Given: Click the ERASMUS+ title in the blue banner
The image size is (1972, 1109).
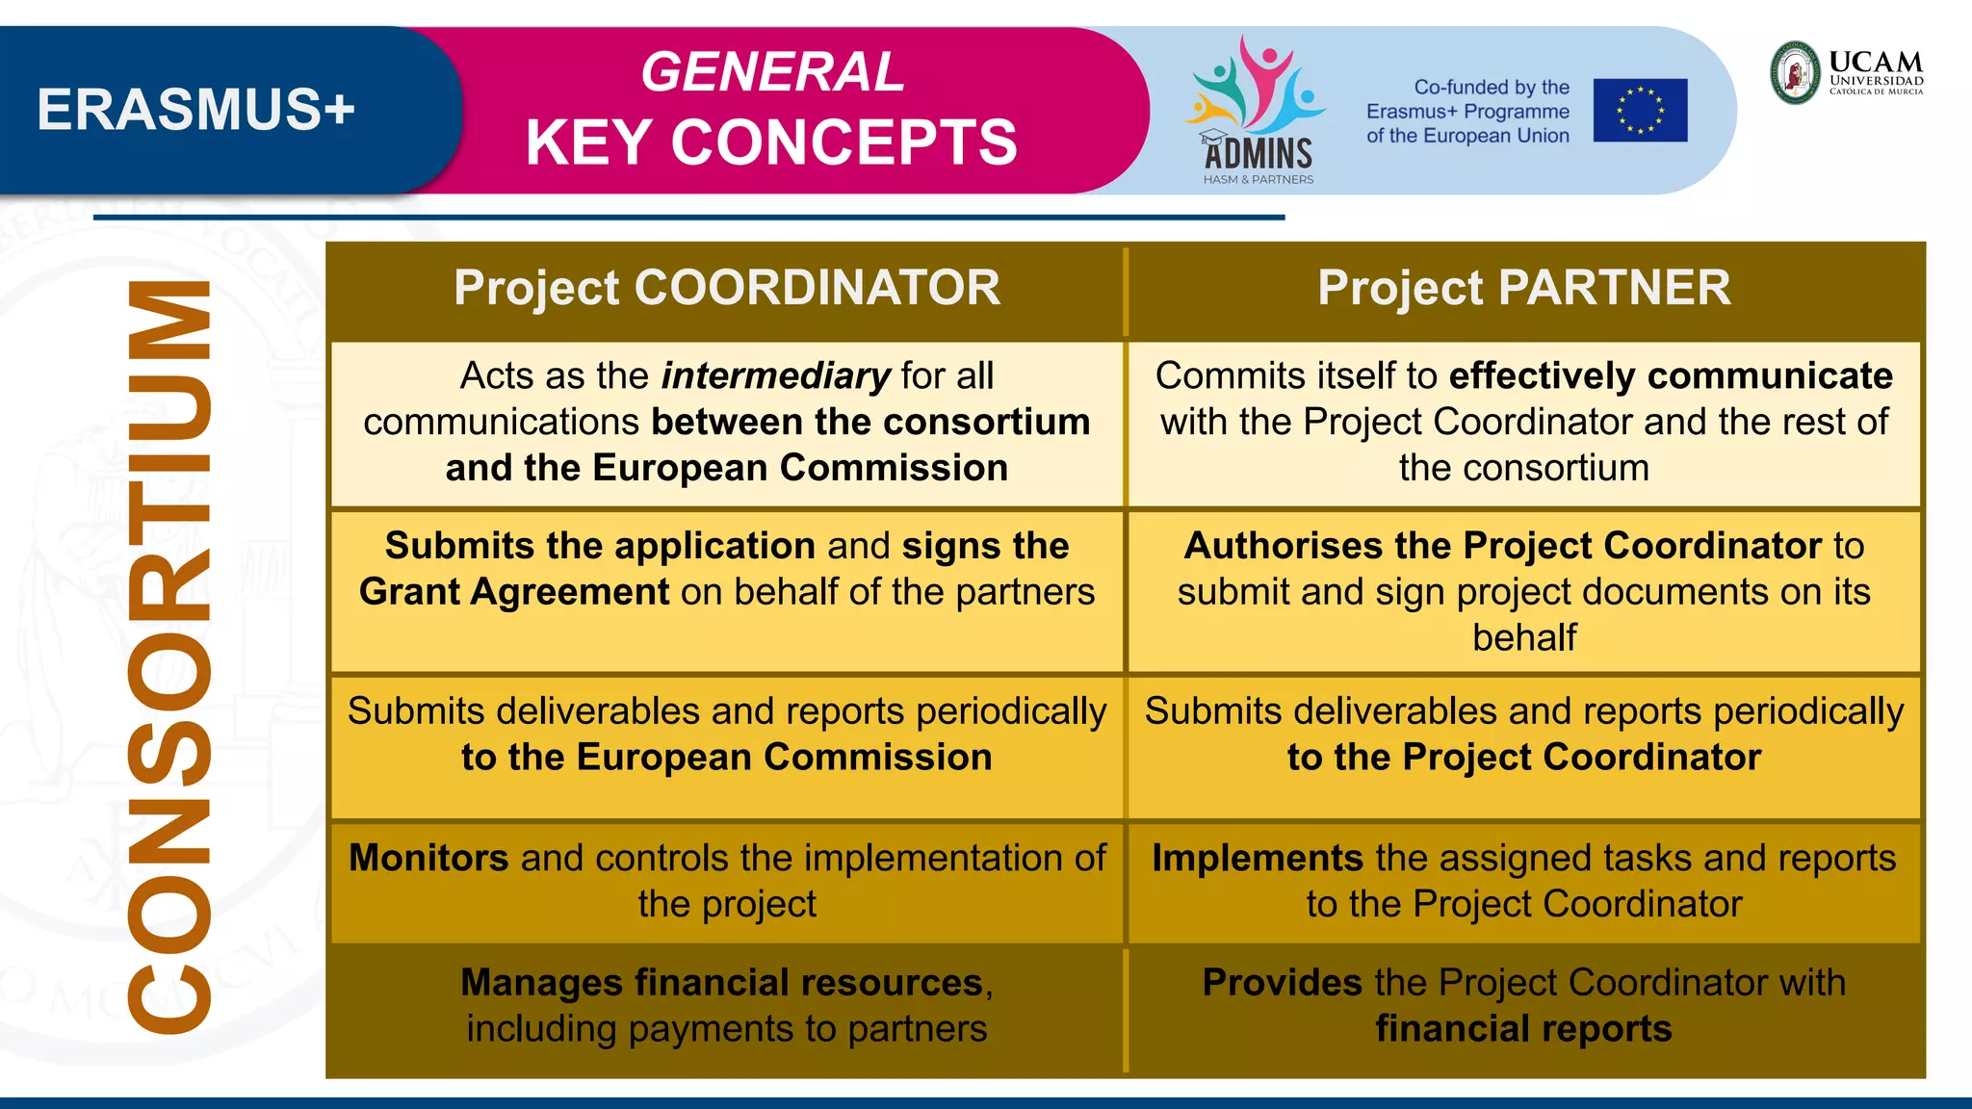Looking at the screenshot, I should [195, 109].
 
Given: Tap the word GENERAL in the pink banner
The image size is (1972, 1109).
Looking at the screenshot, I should [772, 72].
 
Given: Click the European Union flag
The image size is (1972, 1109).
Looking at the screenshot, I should [1640, 111].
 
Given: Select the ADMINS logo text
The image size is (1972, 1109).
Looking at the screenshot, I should [1258, 153].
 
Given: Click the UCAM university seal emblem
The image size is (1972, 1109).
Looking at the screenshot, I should [1796, 72].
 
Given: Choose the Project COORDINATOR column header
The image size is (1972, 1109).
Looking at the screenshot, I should [727, 288].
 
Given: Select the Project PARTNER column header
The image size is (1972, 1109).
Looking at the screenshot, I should [1523, 288].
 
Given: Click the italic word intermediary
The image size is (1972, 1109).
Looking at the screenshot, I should [775, 375].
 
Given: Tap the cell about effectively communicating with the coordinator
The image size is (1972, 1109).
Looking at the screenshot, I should [1523, 422].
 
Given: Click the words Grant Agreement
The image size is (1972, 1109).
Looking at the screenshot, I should [514, 592].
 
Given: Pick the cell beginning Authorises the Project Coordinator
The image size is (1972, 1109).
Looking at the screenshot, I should [1523, 591].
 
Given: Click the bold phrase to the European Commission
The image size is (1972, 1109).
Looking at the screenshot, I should [727, 758].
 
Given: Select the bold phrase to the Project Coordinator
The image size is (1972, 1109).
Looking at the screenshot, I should [1523, 758].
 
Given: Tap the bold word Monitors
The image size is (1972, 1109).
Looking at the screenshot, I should [428, 858].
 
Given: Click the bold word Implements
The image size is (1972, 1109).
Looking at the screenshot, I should [1258, 858].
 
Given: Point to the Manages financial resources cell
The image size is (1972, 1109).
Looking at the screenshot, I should [727, 1005].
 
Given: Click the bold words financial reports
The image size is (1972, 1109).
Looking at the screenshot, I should [1523, 1029].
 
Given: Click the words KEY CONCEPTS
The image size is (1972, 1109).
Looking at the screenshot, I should [771, 143].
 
